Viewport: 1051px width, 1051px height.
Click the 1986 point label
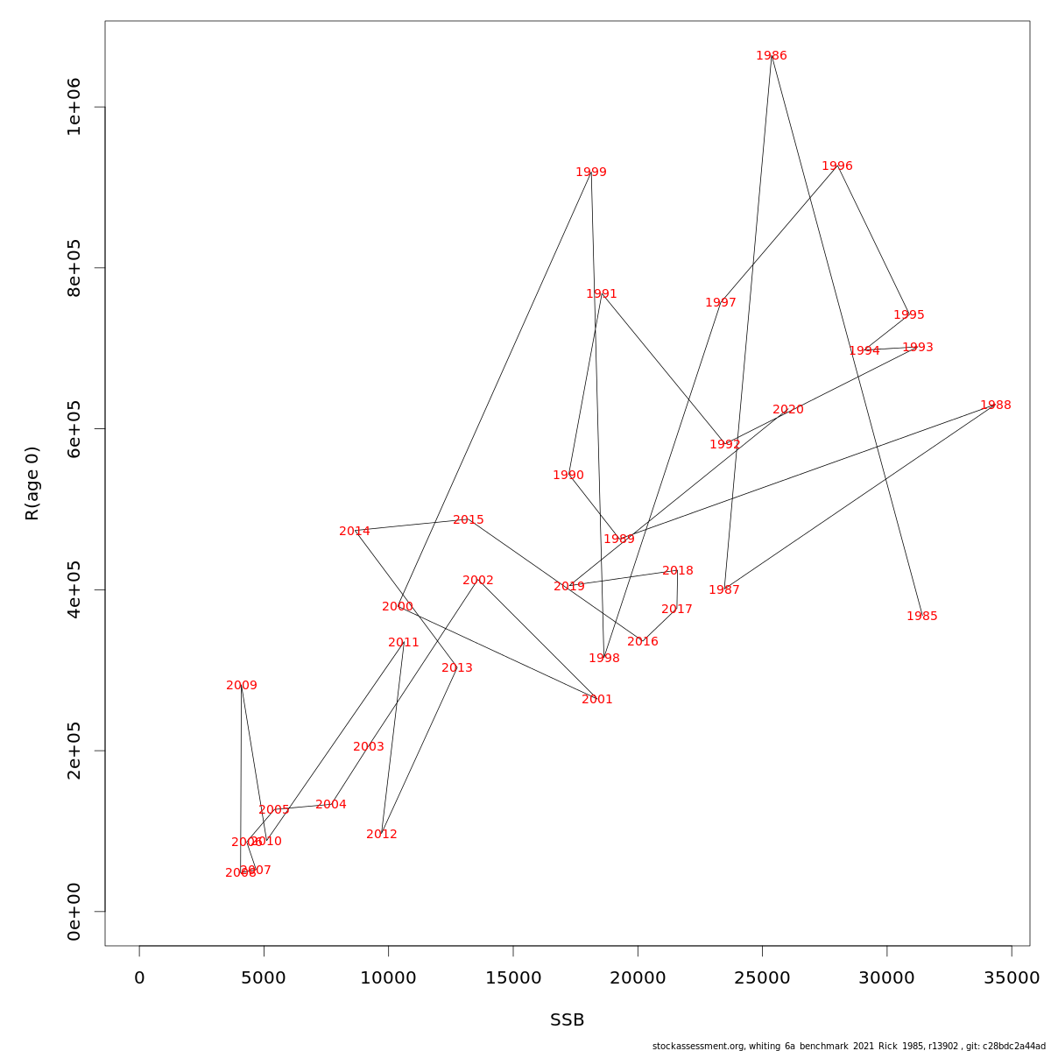click(772, 56)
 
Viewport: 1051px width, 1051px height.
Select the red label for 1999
click(591, 173)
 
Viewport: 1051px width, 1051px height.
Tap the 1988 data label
click(996, 406)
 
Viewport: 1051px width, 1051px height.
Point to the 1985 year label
click(922, 617)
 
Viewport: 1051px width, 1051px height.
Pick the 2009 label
click(242, 686)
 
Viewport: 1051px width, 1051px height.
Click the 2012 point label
click(382, 835)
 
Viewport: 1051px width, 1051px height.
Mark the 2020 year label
click(788, 410)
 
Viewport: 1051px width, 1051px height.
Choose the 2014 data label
click(355, 532)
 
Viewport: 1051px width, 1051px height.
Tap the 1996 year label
click(837, 166)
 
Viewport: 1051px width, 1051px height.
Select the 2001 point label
click(597, 700)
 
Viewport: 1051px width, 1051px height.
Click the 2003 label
click(369, 747)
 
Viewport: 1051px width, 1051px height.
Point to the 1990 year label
click(568, 476)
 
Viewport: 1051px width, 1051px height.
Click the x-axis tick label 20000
click(638, 978)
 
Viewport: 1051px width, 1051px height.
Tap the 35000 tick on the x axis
click(1012, 978)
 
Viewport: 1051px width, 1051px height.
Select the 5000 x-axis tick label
click(264, 978)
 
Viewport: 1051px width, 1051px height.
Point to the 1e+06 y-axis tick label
click(74, 107)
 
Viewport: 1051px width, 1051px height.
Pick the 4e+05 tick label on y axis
click(74, 589)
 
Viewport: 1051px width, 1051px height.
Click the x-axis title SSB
click(568, 1020)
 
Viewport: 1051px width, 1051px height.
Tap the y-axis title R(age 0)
click(32, 483)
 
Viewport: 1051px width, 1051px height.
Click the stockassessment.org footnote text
click(849, 1046)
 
